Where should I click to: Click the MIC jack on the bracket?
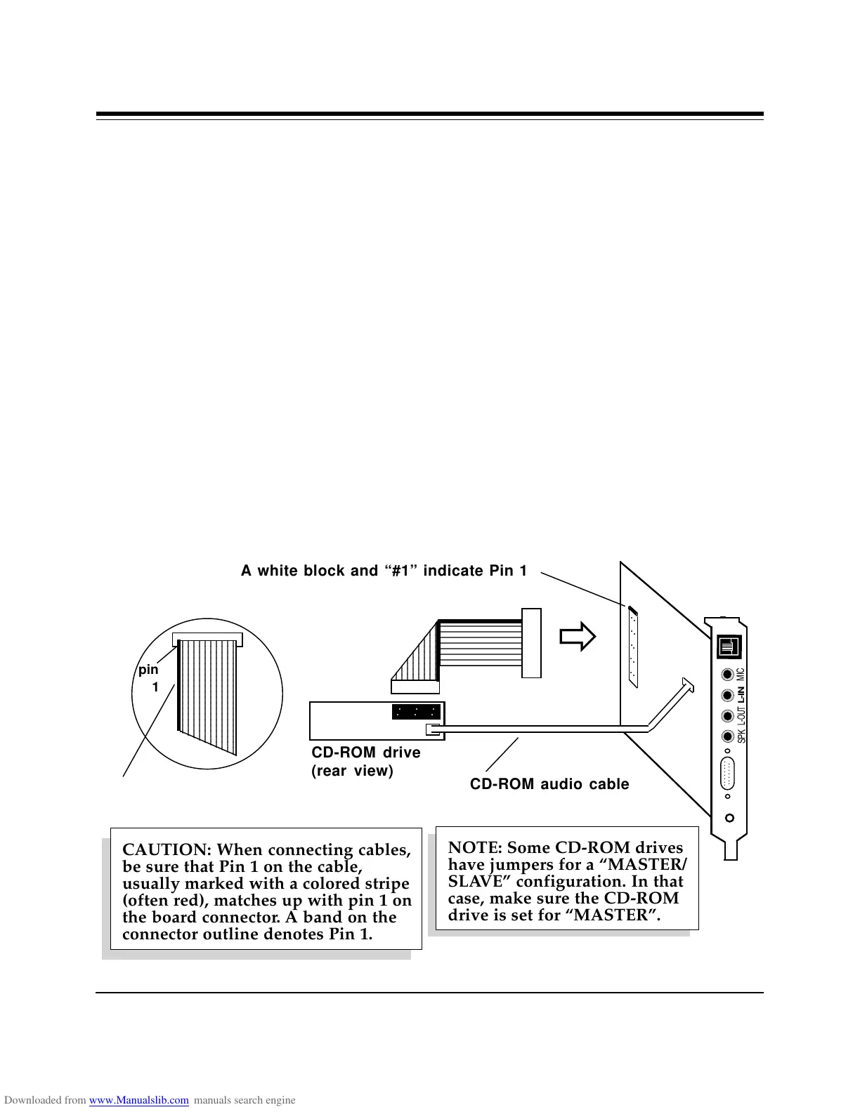pyautogui.click(x=727, y=675)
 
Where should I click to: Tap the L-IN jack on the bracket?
pyautogui.click(x=727, y=696)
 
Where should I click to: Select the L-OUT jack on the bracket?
pyautogui.click(x=727, y=716)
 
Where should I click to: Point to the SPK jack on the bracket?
pyautogui.click(x=727, y=736)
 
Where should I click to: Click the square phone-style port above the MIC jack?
pyautogui.click(x=729, y=647)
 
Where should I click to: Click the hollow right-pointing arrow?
pyautogui.click(x=578, y=637)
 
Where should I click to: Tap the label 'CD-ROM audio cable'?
pyautogui.click(x=549, y=784)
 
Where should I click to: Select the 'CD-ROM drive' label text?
pyautogui.click(x=366, y=753)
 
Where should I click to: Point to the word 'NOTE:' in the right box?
pyautogui.click(x=474, y=847)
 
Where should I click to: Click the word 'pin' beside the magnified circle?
pyautogui.click(x=148, y=670)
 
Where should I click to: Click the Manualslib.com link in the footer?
pyautogui.click(x=139, y=1100)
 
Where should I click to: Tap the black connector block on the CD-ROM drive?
pyautogui.click(x=416, y=712)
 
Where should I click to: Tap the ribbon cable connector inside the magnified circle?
pyautogui.click(x=207, y=640)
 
